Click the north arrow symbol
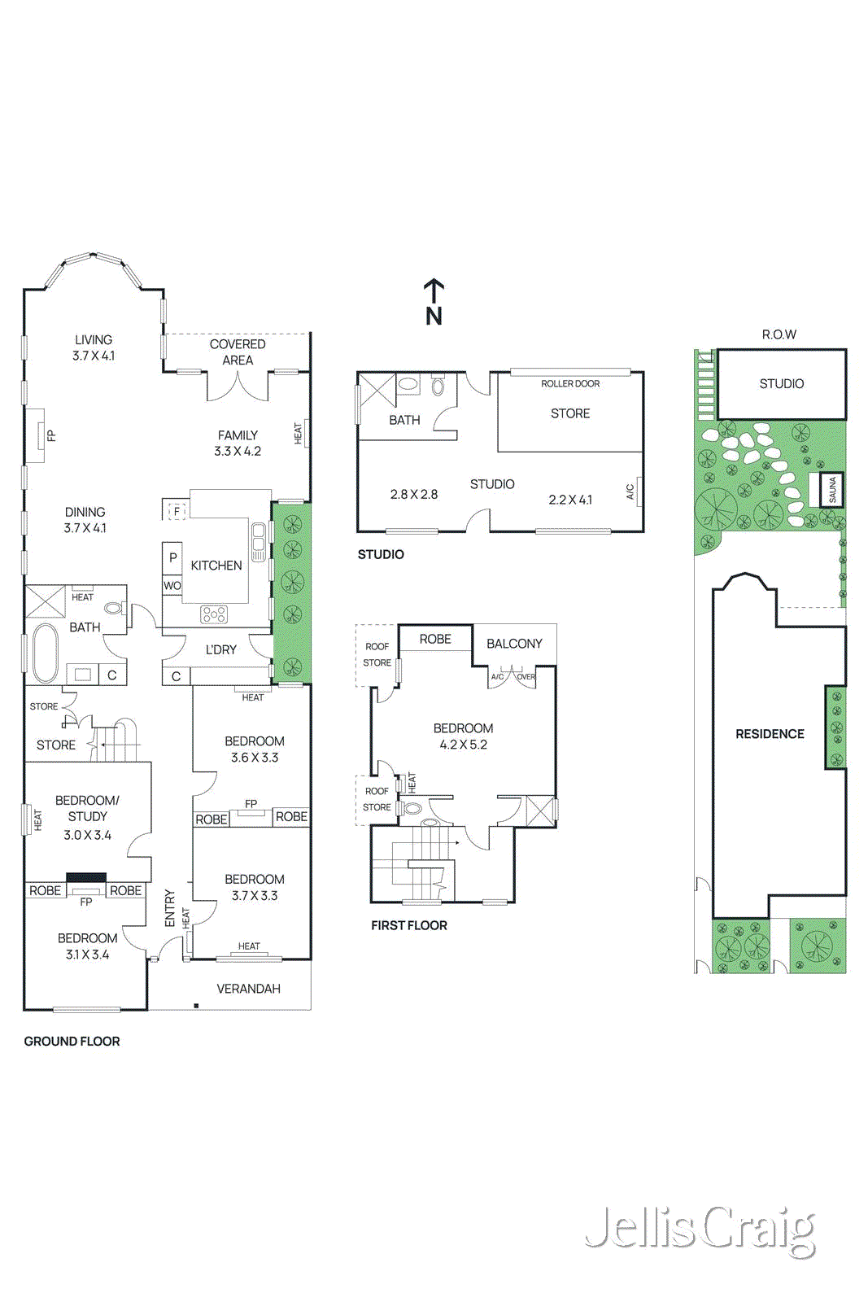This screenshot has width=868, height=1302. click(x=434, y=302)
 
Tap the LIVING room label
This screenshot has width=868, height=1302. click(x=94, y=339)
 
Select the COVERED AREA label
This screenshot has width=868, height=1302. click(x=238, y=352)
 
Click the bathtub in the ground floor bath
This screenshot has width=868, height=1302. click(x=45, y=652)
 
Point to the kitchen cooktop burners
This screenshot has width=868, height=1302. click(x=214, y=614)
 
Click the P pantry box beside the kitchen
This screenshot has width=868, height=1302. click(x=172, y=557)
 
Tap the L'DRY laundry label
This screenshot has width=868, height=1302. click(x=220, y=649)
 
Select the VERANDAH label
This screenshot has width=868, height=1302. click(x=248, y=989)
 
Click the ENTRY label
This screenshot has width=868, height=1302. click(x=169, y=907)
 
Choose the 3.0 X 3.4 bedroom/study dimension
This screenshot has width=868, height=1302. click(x=87, y=835)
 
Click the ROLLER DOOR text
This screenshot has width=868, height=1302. click(x=570, y=383)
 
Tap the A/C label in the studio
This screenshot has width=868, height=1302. click(x=630, y=492)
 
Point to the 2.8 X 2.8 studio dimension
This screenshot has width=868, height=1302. click(x=413, y=494)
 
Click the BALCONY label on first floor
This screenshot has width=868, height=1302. click(x=514, y=644)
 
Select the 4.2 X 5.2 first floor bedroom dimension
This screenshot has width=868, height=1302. click(x=463, y=744)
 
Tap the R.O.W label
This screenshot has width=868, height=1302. click(x=779, y=334)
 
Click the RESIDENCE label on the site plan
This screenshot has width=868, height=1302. click(x=770, y=733)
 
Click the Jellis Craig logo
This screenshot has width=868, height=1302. click(x=700, y=1230)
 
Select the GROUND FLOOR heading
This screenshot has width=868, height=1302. click(x=72, y=1041)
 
